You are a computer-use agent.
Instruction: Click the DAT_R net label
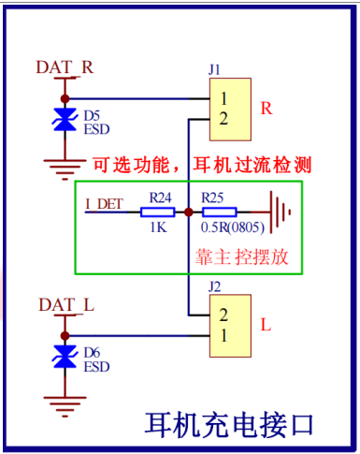click(x=65, y=67)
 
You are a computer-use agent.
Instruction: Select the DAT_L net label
click(x=66, y=304)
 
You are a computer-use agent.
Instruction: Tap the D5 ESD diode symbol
click(x=65, y=120)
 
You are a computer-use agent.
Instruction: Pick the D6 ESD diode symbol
click(x=65, y=357)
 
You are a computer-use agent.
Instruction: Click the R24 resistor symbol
click(x=157, y=212)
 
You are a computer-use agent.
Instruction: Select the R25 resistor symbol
click(x=219, y=212)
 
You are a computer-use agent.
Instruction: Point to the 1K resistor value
click(x=158, y=227)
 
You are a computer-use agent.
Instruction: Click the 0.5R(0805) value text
click(x=233, y=227)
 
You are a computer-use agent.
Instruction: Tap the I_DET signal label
click(x=104, y=204)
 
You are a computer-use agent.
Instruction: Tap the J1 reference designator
click(x=214, y=69)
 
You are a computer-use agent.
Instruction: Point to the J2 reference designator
click(x=215, y=286)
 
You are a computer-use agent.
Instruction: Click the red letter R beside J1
click(x=266, y=109)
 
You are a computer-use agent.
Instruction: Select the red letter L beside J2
click(x=266, y=325)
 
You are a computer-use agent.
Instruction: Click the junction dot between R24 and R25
click(x=189, y=212)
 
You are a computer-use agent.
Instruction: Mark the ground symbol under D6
click(x=65, y=406)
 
